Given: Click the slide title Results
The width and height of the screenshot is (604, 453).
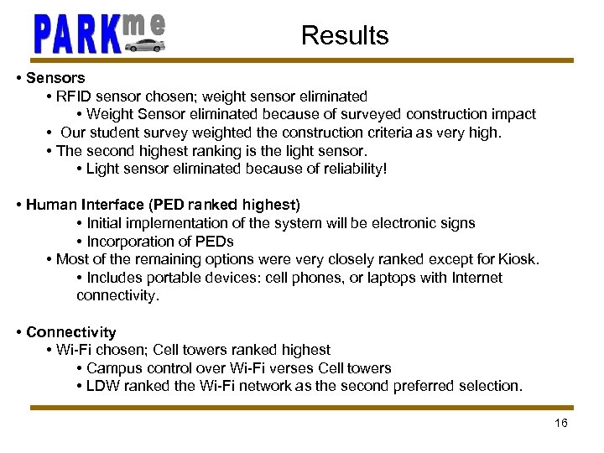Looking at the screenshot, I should [x=345, y=35].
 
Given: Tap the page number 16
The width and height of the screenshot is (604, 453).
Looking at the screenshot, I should [x=561, y=423].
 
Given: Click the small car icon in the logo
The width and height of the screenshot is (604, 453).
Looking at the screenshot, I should [x=144, y=44].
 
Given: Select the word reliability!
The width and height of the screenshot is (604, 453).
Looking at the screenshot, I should [x=356, y=169].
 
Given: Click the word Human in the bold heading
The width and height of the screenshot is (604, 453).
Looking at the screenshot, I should [x=51, y=205].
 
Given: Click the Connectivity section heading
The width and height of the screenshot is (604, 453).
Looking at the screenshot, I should [x=70, y=332].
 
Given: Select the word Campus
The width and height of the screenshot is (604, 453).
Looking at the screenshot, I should [x=111, y=368].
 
